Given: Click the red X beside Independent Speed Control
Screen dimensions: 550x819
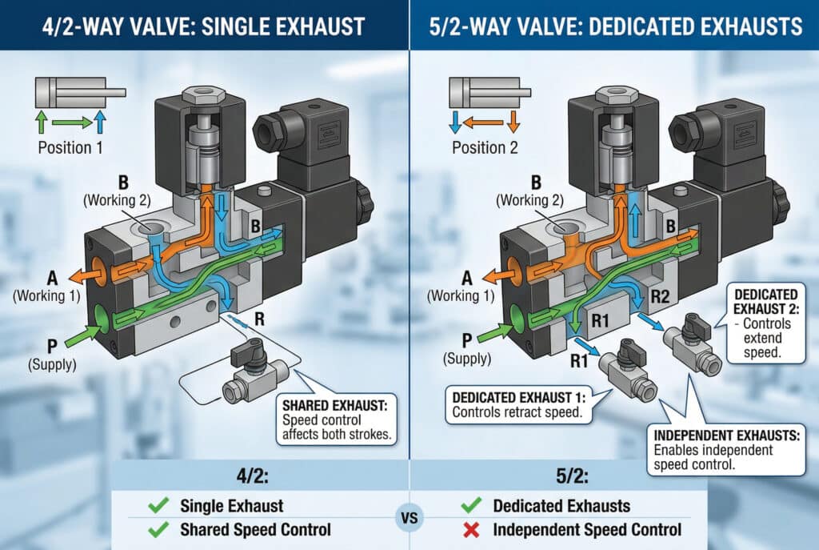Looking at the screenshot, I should (x=470, y=529).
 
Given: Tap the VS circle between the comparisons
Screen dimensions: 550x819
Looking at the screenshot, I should (x=409, y=517).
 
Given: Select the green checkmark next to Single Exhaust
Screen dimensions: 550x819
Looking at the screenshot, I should (x=157, y=505).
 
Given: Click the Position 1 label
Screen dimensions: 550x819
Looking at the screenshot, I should (x=70, y=147).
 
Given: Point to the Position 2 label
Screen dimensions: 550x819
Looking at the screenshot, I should (x=485, y=147).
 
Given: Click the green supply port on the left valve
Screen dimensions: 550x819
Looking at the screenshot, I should (x=102, y=320).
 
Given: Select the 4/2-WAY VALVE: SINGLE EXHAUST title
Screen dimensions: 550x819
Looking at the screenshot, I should (x=204, y=26).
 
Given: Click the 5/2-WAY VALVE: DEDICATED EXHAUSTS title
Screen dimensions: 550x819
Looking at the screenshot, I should (x=614, y=26).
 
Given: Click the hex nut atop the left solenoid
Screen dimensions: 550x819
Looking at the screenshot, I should (x=200, y=93).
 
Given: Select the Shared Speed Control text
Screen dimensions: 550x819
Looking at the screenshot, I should (x=255, y=529).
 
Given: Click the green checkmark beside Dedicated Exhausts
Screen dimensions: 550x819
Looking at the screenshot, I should (x=470, y=505).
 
